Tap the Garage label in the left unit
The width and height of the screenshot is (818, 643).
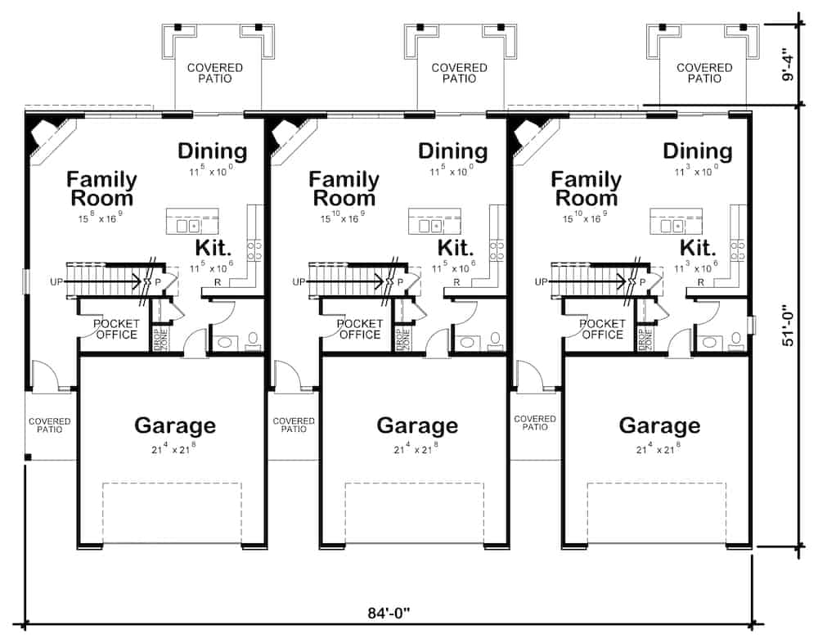point(175,425)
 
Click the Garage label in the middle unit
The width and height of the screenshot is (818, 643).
point(417,425)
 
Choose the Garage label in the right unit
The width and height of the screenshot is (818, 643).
point(659,425)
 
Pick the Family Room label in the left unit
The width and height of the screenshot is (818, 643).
point(101,188)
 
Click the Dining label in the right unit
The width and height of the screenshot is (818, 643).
point(697,151)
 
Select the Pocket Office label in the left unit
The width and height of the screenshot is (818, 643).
point(117,329)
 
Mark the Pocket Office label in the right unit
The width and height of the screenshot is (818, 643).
point(602,329)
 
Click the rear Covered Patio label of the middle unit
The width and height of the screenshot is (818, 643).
point(460,73)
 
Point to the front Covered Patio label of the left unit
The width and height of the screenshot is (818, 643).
point(50,425)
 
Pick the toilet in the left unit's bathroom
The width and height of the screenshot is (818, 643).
point(254,338)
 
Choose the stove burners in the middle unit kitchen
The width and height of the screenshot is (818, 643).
point(497,245)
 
